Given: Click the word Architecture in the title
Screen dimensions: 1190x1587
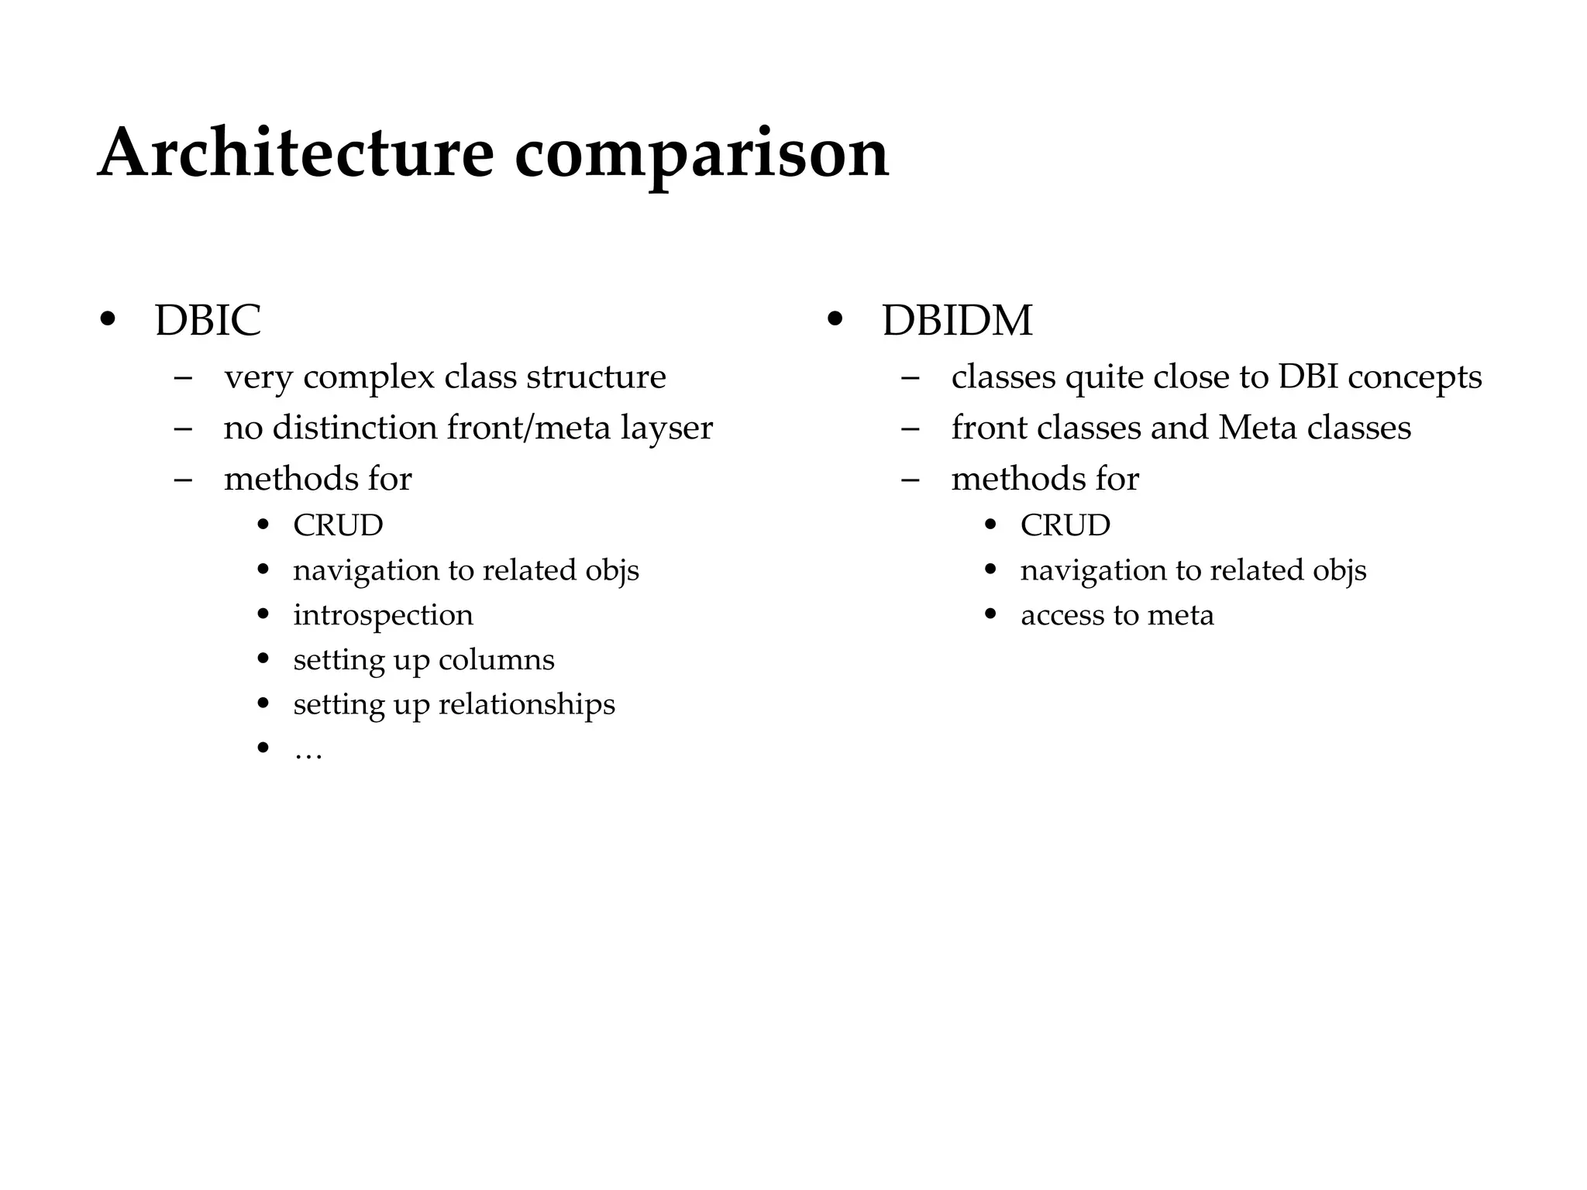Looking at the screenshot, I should (x=295, y=153).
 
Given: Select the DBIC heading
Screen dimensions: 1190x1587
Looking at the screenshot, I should (x=208, y=320).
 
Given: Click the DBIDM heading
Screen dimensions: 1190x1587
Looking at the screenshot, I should (x=957, y=320).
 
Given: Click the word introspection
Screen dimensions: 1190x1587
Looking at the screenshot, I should (x=383, y=615).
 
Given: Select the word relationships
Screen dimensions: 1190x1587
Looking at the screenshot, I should (x=526, y=704).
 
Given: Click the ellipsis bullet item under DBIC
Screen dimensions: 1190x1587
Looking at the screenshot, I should (x=308, y=751).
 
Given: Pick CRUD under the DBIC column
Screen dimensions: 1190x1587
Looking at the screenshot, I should (x=338, y=525).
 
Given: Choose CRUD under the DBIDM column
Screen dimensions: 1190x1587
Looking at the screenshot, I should (x=1065, y=525).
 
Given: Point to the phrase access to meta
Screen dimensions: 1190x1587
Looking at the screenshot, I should (x=1117, y=615).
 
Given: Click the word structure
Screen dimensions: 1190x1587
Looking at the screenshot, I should (x=596, y=377).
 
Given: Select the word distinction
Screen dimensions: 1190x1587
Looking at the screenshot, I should (x=354, y=428).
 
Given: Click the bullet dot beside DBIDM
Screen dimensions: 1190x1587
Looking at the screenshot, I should (x=835, y=320).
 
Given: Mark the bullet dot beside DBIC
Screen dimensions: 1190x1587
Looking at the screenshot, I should (x=108, y=320).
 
